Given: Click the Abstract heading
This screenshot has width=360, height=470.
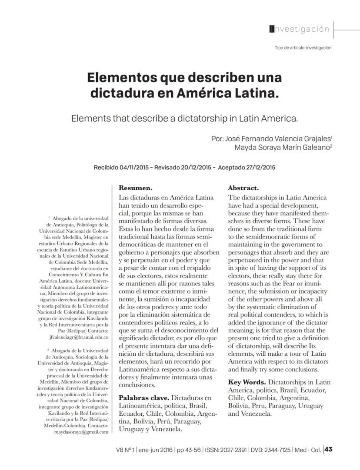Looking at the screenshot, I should click(243, 189).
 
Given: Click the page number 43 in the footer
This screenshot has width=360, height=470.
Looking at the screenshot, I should click(329, 450).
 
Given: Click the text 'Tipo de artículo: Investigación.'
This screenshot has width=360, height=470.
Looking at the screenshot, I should click(303, 48).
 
